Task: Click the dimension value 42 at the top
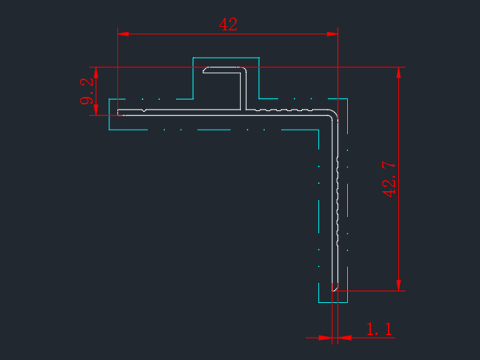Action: tap(228, 25)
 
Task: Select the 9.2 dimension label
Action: tap(86, 91)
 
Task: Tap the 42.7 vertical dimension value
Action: tap(389, 179)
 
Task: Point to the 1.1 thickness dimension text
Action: tap(379, 329)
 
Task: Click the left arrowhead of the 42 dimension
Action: tap(123, 34)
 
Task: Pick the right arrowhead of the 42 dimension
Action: tap(332, 34)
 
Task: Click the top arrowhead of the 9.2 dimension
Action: tap(96, 72)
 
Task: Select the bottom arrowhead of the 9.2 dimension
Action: tap(96, 110)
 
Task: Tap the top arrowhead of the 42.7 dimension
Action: tap(398, 73)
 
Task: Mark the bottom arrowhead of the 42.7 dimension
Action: tap(398, 286)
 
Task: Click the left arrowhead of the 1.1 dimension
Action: tap(326, 338)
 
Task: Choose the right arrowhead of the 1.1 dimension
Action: tap(344, 338)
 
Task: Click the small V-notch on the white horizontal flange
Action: tap(144, 110)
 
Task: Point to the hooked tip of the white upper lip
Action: tap(205, 70)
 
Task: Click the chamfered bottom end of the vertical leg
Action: tap(335, 288)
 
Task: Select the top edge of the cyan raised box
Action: tap(226, 58)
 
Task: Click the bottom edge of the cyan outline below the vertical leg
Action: tap(333, 302)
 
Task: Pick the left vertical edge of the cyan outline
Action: tap(109, 115)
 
